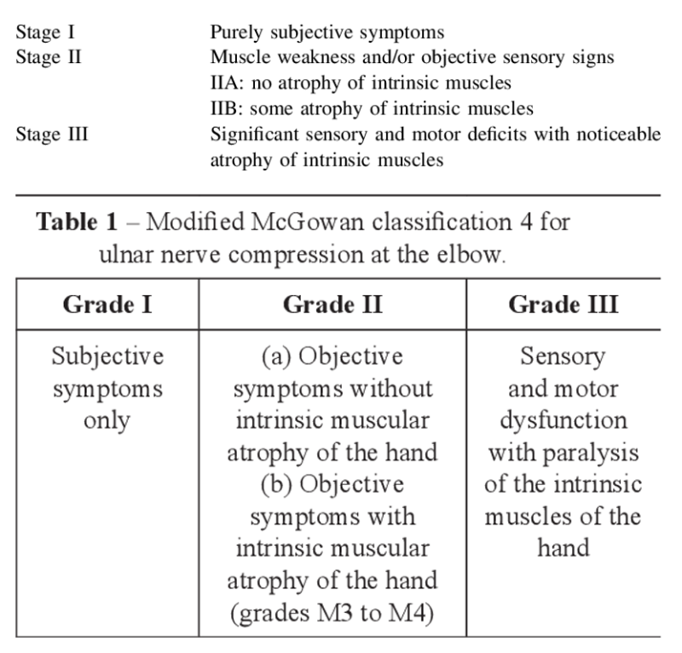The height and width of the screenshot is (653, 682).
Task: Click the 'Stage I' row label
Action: tap(51, 33)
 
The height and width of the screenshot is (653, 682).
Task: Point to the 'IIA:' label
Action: tap(229, 84)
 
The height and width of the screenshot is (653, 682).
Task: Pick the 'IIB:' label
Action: tap(229, 109)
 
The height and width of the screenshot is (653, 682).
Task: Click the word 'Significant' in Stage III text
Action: tap(259, 134)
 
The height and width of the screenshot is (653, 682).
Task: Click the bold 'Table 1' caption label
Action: tap(77, 223)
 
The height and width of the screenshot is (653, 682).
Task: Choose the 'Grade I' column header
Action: tap(107, 304)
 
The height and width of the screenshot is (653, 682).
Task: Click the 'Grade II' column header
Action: tap(332, 304)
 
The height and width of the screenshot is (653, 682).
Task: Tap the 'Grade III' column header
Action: tap(564, 304)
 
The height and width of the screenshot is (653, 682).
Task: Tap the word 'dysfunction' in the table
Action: tap(563, 420)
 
